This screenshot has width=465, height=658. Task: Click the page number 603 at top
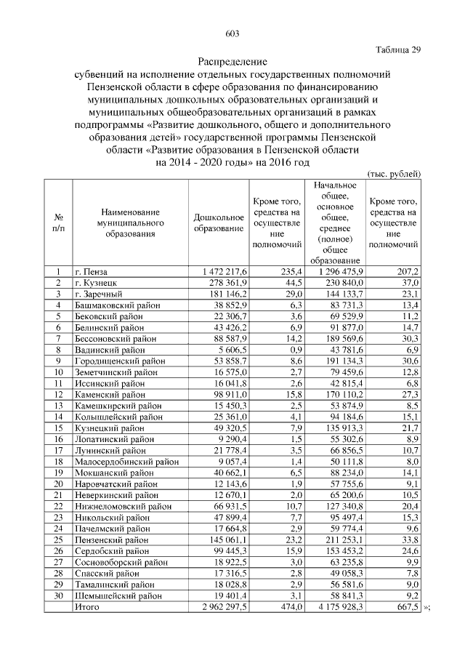[x=232, y=33]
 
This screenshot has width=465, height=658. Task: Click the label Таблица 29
[x=398, y=49]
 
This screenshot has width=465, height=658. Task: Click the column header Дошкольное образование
[x=219, y=223]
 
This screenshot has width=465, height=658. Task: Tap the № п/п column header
[x=57, y=223]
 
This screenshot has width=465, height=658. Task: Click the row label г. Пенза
[x=91, y=271]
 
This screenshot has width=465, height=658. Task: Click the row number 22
[x=57, y=505]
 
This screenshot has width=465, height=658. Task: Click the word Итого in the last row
[x=88, y=606]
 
